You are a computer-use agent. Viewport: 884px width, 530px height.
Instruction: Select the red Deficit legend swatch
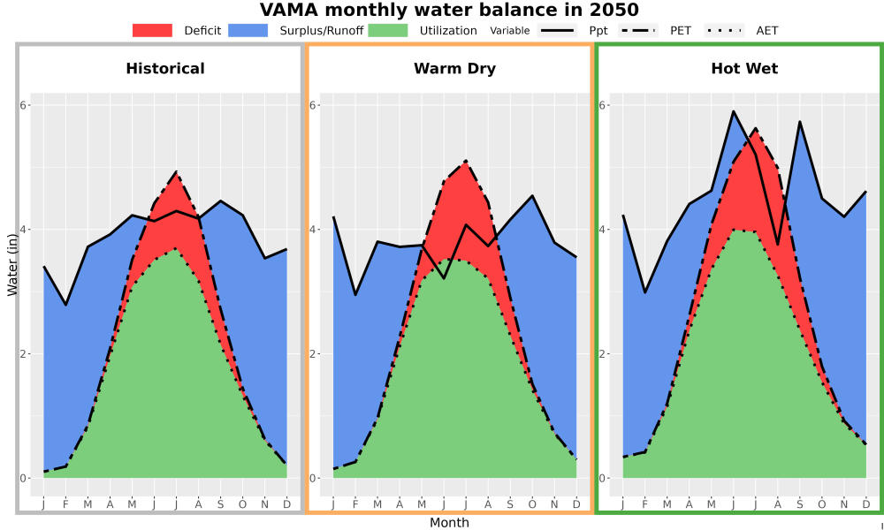tap(152, 30)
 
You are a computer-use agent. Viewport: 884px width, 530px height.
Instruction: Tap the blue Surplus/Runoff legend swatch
tap(248, 30)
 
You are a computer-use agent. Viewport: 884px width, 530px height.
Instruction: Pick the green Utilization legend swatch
tap(388, 30)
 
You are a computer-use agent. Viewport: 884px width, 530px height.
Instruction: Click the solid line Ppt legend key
tap(557, 30)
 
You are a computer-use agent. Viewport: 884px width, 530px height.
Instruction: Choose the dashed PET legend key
tap(637, 30)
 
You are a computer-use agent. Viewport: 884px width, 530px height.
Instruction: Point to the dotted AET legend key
tap(724, 30)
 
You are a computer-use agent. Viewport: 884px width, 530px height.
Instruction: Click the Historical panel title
tap(165, 69)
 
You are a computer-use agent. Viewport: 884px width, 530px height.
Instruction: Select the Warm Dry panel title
tap(454, 69)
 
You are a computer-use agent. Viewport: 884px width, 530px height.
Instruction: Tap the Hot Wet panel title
tap(744, 69)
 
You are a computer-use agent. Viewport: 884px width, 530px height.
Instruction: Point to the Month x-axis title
tap(449, 523)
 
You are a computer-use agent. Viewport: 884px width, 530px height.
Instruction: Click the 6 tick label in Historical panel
tap(24, 105)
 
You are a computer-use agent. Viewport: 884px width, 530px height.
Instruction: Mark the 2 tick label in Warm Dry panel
tap(314, 353)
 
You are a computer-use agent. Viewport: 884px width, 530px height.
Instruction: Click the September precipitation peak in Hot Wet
tap(799, 122)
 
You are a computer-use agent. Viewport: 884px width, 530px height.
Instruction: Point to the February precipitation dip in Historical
tap(66, 305)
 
